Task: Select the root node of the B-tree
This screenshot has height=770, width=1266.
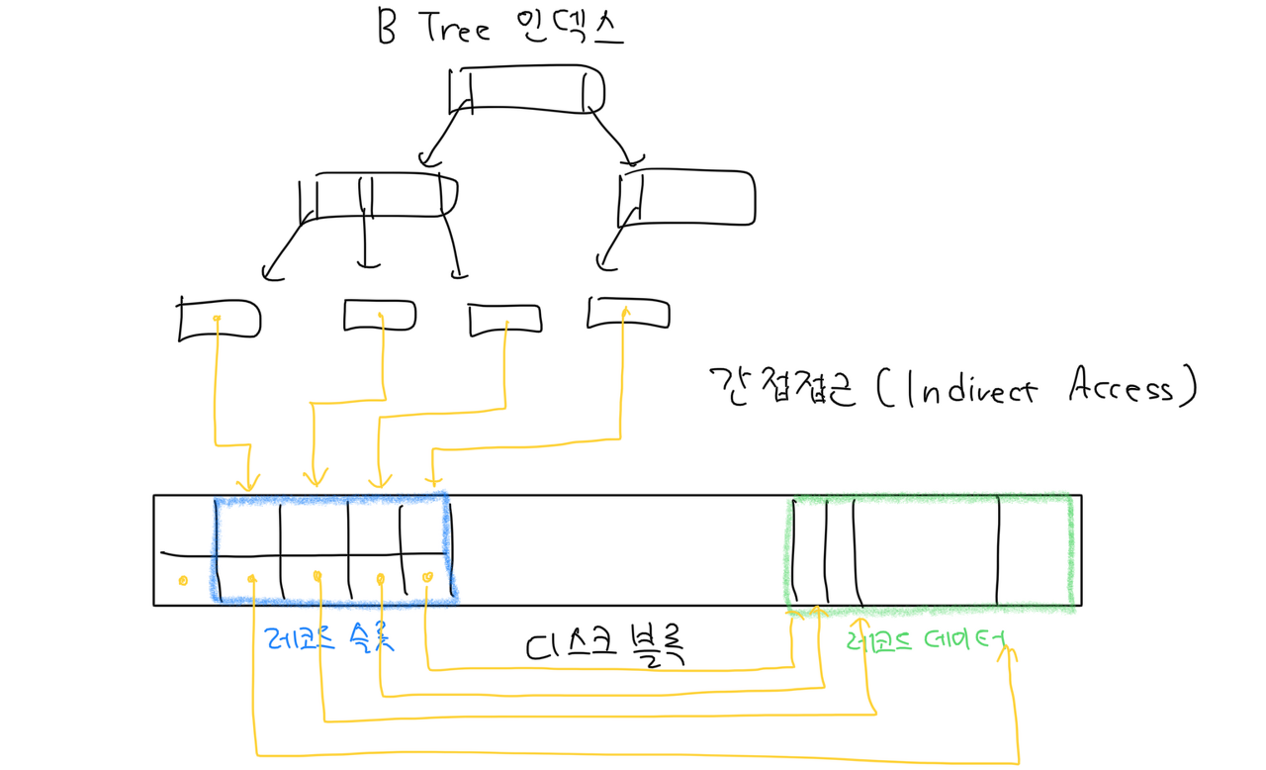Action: click(525, 90)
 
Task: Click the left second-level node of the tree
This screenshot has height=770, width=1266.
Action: click(377, 195)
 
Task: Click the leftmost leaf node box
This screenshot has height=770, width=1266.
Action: click(219, 319)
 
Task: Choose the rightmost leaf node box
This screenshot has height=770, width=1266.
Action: click(628, 314)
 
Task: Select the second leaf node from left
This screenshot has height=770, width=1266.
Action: click(380, 315)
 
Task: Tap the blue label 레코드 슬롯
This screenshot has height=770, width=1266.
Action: click(330, 638)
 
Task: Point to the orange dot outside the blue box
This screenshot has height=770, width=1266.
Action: click(183, 580)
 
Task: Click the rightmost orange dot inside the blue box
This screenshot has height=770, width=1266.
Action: click(427, 577)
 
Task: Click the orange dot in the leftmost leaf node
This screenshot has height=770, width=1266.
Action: click(216, 318)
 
